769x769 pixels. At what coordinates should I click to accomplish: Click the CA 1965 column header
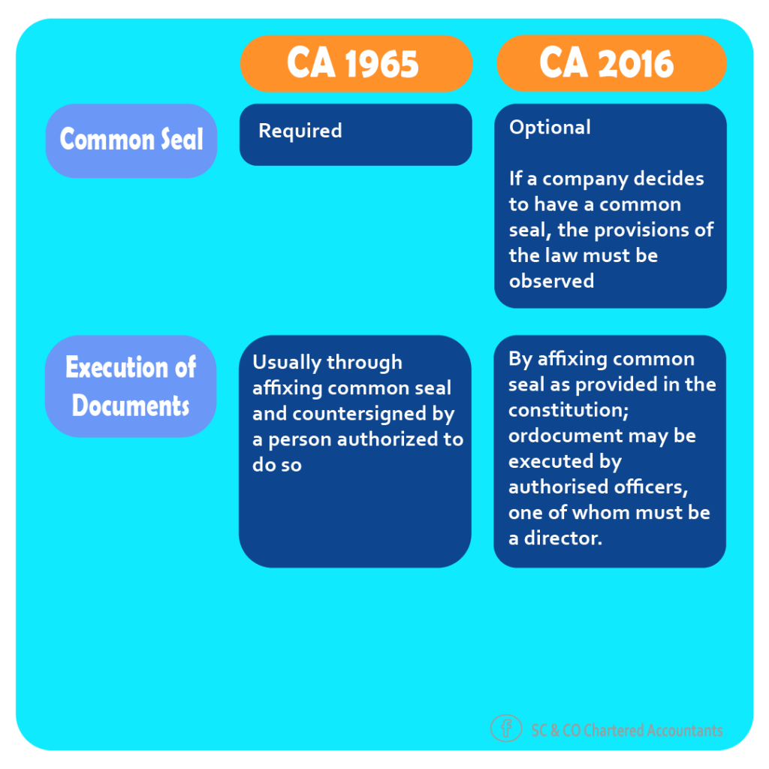356,64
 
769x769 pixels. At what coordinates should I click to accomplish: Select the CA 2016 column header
611,63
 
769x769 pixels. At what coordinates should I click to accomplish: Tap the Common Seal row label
131,140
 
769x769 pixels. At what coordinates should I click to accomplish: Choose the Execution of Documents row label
131,387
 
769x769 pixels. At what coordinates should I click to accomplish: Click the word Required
300,131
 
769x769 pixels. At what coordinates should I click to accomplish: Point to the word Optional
550,128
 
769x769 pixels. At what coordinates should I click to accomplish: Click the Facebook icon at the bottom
506,728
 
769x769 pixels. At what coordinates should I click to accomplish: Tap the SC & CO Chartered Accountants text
627,730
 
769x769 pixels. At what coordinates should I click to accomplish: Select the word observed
552,281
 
